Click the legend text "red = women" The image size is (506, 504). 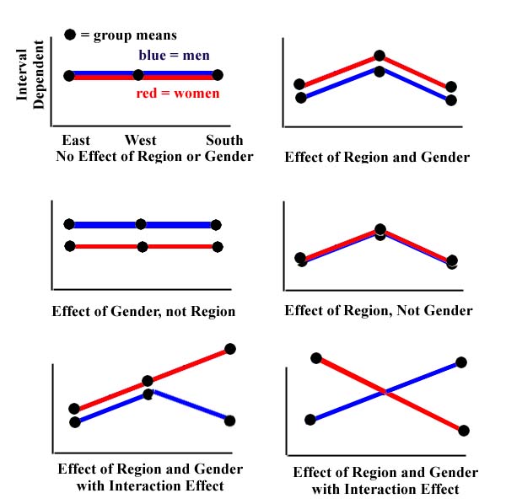click(178, 93)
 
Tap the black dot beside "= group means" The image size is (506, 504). click(71, 36)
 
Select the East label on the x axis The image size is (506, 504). click(78, 140)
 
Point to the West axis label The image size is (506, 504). click(141, 140)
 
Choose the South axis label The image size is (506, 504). click(223, 140)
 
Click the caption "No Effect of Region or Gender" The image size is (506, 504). click(154, 156)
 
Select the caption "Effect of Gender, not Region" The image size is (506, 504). click(143, 311)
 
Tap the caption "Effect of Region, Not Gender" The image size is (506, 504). click(379, 310)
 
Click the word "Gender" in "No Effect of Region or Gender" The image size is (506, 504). click(229, 156)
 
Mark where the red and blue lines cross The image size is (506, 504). click(385, 392)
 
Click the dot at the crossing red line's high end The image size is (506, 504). click(316, 358)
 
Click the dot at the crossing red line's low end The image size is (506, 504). click(463, 430)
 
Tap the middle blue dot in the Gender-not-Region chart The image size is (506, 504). click(141, 224)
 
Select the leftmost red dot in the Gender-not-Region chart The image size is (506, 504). click(70, 246)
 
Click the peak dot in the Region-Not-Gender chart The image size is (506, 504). click(380, 229)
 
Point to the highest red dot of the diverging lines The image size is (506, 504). click(230, 349)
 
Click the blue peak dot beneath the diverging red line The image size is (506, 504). click(148, 393)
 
